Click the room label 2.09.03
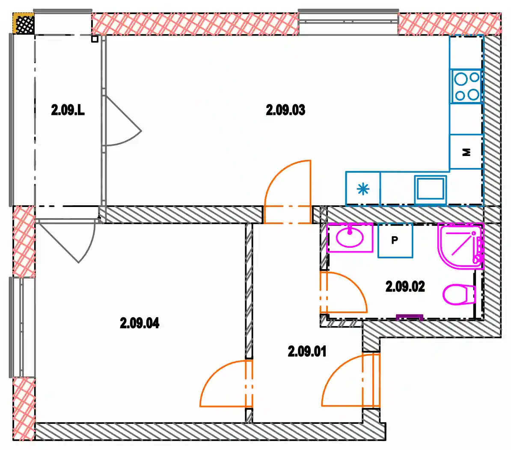tap(285, 110)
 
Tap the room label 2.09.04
tap(140, 323)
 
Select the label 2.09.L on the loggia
tap(68, 110)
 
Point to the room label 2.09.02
tap(405, 287)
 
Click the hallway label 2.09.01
tap(307, 351)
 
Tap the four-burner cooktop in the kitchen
tap(466, 87)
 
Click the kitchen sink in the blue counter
tap(430, 189)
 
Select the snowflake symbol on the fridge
tap(363, 189)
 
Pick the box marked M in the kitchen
tap(466, 152)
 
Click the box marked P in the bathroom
tap(395, 240)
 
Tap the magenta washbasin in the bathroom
tap(350, 237)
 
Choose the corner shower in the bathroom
tap(460, 246)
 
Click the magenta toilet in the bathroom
tap(459, 294)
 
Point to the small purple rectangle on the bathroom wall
tap(410, 317)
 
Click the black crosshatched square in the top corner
tap(25, 24)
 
